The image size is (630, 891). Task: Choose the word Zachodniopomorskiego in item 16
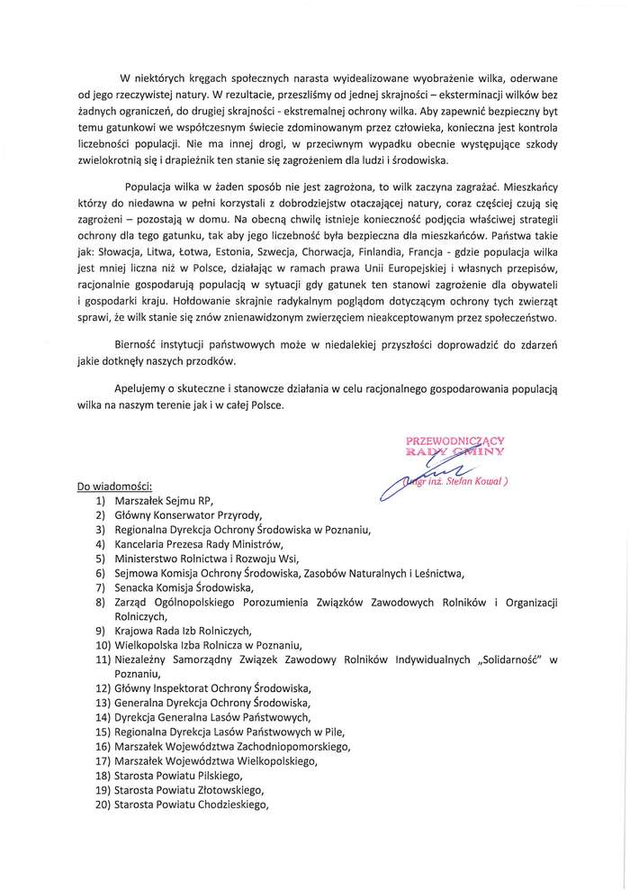(292, 746)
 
